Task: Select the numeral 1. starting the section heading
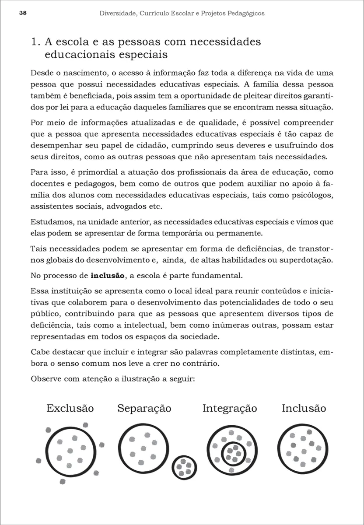[x=36, y=42]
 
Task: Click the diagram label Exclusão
[x=70, y=408]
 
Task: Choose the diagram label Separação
[x=144, y=408]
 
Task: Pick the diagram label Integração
[x=229, y=408]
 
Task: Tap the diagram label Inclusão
[x=304, y=408]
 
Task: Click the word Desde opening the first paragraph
[x=41, y=73]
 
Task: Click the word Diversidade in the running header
[x=117, y=14]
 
